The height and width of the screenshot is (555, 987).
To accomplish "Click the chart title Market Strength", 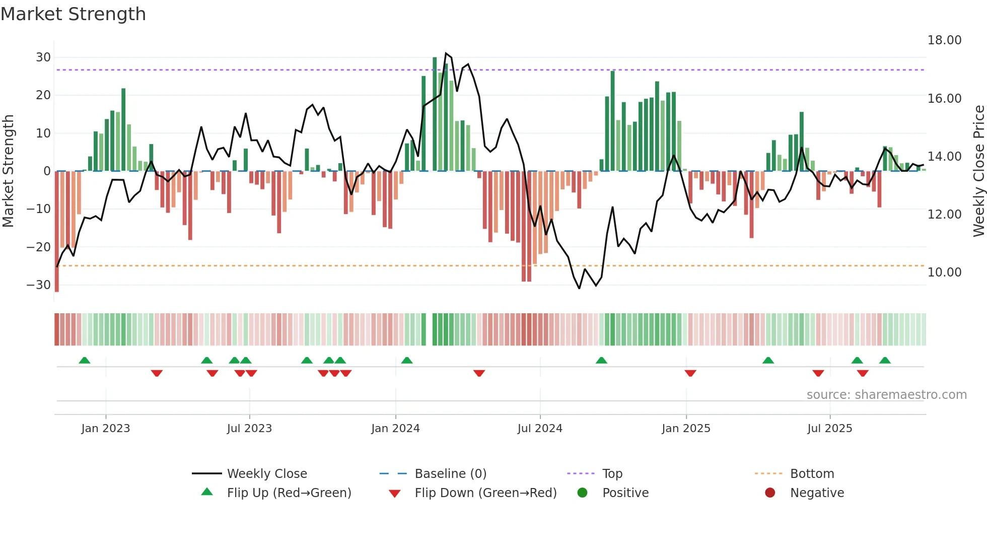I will coord(73,14).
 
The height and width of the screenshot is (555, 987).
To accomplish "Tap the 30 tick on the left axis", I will coord(43,57).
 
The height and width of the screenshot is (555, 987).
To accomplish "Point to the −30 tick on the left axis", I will coord(39,285).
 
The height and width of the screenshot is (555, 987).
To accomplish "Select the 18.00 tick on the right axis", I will coord(944,40).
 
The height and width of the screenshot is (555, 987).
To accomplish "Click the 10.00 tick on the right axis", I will coord(944,272).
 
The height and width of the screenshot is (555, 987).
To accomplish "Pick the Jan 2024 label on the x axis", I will coord(395,429).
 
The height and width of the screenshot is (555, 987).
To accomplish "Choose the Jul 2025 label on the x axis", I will coord(829,429).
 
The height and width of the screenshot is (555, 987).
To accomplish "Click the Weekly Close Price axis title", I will coord(978,171).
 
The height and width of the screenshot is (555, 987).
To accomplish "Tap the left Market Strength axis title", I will coord(8,171).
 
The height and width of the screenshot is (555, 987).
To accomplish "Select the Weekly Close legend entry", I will coord(267,474).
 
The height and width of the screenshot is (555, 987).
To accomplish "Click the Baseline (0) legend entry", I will coord(450,474).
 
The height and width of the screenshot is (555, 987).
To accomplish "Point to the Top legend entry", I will coord(612,474).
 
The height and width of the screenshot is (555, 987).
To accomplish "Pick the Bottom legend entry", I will coord(812,474).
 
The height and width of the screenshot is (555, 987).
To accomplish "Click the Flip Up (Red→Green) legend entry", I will coord(289,493).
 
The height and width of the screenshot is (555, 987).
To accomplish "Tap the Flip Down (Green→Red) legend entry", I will coord(485,493).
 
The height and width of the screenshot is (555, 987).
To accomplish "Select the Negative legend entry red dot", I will coord(770,493).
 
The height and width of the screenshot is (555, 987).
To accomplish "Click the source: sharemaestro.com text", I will coord(886,395).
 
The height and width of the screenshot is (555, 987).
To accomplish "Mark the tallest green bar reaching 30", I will coord(435,113).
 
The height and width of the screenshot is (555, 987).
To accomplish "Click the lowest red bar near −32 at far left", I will coord(57,232).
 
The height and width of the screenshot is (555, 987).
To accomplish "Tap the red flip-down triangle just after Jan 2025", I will coord(690,373).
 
